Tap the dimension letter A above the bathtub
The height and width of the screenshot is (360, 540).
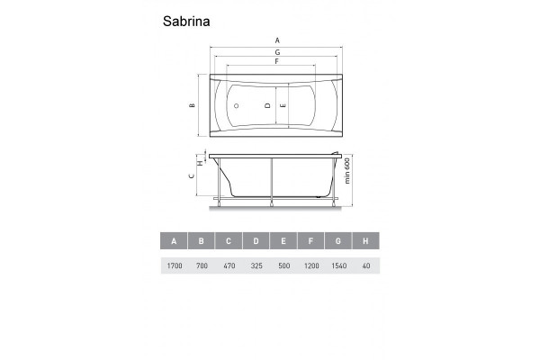click(277, 40)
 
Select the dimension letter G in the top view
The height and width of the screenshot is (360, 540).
click(277, 53)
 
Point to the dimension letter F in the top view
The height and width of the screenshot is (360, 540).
click(277, 61)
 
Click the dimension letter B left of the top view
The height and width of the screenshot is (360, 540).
click(193, 105)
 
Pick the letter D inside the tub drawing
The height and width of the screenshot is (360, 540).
click(267, 105)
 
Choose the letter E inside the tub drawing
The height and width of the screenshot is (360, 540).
click(283, 105)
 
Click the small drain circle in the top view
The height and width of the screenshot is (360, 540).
click(236, 105)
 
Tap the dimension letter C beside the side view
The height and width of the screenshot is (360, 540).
click(193, 177)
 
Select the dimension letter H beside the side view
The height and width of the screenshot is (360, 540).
click(200, 163)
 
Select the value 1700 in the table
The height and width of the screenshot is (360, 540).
click(173, 266)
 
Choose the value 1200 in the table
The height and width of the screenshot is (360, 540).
click(311, 266)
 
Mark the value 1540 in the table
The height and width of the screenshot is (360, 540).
click(338, 266)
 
